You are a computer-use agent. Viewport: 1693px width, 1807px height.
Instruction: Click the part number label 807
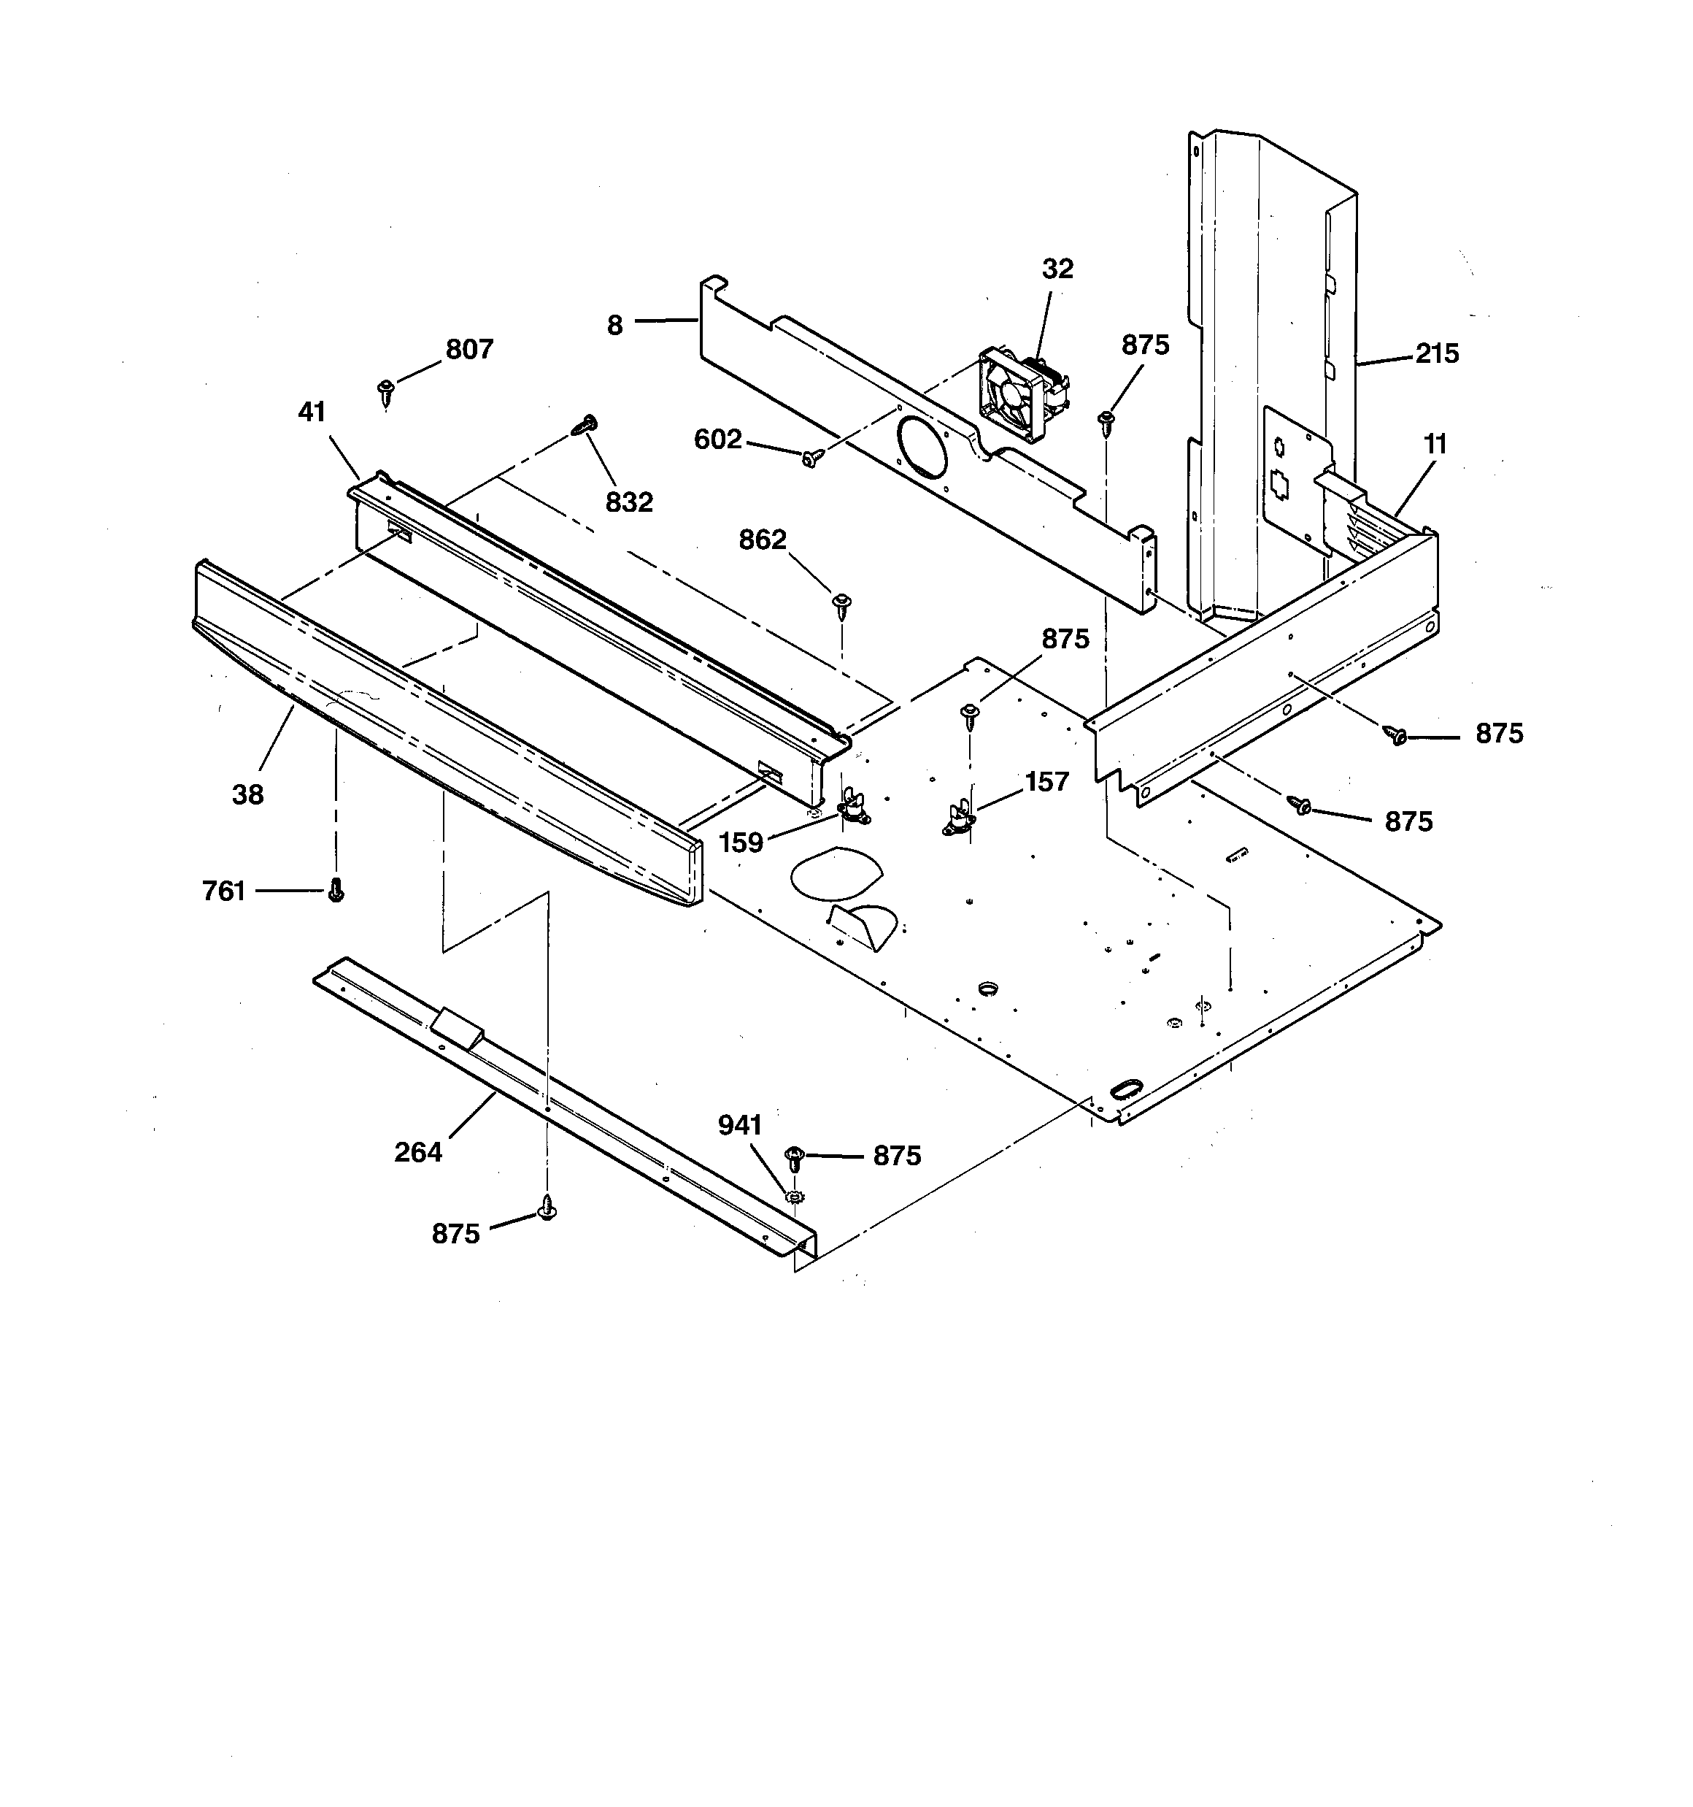469,349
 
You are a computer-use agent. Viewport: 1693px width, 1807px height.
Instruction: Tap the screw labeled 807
386,392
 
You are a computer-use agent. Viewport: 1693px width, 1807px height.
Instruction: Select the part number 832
629,502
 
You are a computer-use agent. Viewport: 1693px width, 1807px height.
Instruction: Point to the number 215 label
1437,353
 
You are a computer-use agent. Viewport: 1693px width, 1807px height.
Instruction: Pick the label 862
762,540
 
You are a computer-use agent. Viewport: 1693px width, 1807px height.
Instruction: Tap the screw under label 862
841,604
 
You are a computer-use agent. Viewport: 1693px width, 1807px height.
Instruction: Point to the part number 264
418,1151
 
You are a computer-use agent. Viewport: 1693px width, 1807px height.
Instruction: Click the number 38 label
247,794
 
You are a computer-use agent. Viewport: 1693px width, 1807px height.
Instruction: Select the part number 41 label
312,412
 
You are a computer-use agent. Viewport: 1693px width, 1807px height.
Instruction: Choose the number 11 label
1435,445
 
